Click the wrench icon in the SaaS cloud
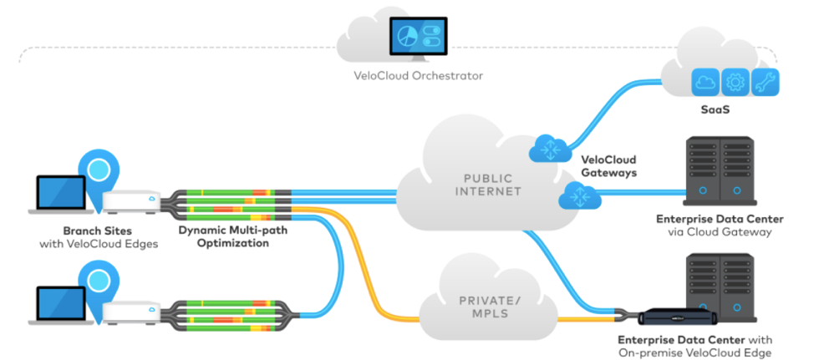[766, 82]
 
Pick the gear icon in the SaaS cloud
[736, 82]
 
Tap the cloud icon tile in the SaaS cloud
[706, 82]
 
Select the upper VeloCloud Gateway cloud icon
[547, 149]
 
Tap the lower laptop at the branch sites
[63, 304]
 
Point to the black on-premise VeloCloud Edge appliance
[678, 319]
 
